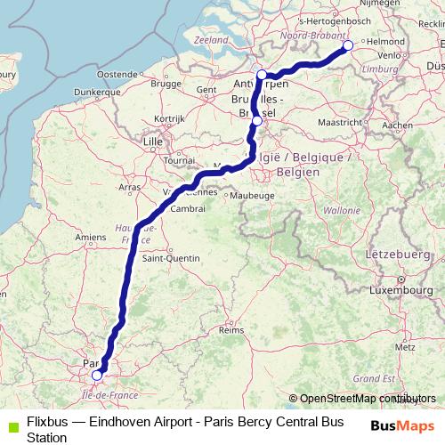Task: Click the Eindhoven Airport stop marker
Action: click(x=348, y=45)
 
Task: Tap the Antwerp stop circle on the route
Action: click(x=262, y=75)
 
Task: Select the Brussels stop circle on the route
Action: click(x=257, y=121)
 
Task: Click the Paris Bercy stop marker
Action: click(x=97, y=376)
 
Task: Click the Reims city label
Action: click(x=231, y=329)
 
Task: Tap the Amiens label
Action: click(x=91, y=237)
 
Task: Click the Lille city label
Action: click(x=154, y=141)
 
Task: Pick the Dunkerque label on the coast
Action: click(x=97, y=91)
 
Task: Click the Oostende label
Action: click(x=115, y=74)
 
